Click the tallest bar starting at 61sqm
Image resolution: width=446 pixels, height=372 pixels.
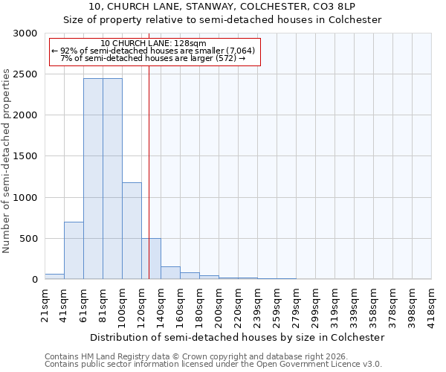[93, 179]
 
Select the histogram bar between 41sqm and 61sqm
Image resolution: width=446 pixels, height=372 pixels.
[74, 250]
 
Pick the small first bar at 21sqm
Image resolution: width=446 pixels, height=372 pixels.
[54, 276]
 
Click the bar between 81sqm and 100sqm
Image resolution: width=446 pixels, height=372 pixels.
[112, 179]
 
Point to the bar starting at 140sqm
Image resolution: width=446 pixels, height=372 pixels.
[170, 273]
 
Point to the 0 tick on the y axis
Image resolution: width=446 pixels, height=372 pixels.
[33, 280]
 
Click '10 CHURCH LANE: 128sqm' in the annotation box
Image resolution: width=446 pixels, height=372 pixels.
[153, 44]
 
